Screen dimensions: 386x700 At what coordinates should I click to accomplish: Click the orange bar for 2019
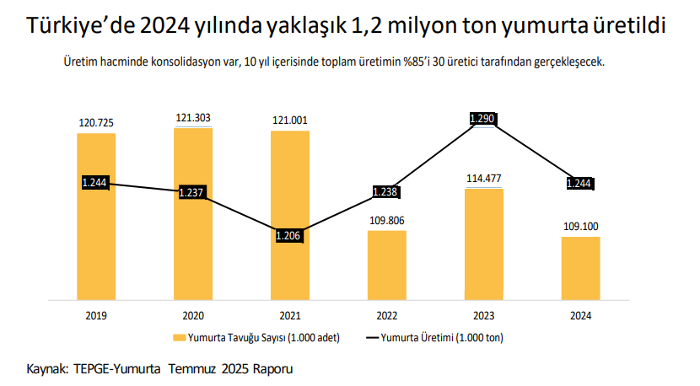coord(96,244)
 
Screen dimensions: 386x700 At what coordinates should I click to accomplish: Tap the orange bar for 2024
coord(580,267)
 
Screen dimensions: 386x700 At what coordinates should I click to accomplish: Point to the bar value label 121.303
coord(193,119)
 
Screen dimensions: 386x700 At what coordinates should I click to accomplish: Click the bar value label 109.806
coord(387,220)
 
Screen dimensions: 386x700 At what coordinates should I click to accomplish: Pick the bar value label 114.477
coord(484,178)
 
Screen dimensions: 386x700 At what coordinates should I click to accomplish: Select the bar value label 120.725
coord(96,123)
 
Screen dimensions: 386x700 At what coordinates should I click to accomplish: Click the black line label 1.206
coord(288,236)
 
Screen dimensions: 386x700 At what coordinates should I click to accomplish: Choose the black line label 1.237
coord(192,192)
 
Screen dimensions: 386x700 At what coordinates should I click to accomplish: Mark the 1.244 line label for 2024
coord(579,183)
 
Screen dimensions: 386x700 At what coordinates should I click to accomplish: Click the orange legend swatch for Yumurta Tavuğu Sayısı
coord(179,338)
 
